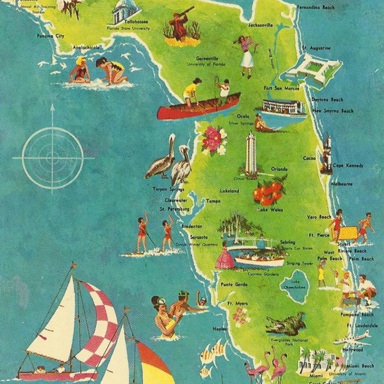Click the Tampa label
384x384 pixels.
click(213, 201)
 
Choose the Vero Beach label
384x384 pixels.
click(318, 217)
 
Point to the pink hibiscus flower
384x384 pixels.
click(215, 140)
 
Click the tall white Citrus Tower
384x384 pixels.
click(250, 154)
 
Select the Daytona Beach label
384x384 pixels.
click(328, 99)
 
